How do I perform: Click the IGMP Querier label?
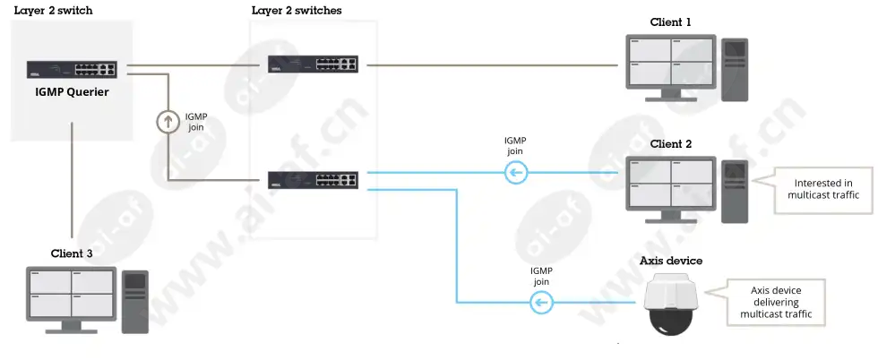[72, 92]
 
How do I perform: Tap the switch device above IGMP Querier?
[72, 69]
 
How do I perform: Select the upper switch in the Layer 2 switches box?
[313, 64]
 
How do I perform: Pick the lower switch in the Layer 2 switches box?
[313, 180]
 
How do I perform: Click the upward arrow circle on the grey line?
[167, 122]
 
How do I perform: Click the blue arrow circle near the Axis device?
[541, 303]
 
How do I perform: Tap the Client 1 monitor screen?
[671, 62]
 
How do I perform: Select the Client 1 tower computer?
[734, 70]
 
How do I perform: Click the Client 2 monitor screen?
[671, 183]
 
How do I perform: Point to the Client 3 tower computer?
[135, 302]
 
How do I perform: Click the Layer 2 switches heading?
[297, 10]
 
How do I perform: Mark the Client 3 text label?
[72, 253]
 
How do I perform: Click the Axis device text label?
[671, 261]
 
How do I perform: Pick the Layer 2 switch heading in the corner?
[53, 10]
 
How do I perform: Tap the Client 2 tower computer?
[734, 191]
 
